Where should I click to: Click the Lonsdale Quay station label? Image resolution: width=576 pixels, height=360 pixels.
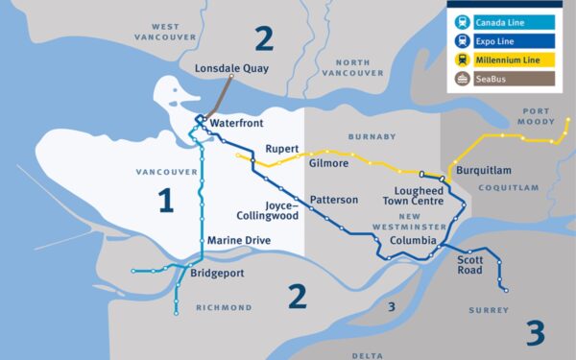point(231,69)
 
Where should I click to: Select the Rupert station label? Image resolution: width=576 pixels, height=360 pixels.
point(282,149)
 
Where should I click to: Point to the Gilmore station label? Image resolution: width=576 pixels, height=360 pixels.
point(328,163)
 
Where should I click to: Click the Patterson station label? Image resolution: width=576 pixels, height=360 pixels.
point(334,200)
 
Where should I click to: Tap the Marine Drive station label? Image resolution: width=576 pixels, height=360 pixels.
point(239,240)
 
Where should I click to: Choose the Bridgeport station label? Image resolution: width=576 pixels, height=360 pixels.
point(217,274)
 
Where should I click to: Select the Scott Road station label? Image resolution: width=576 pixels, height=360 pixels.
point(469,264)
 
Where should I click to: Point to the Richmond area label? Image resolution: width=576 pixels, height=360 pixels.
point(223,308)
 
